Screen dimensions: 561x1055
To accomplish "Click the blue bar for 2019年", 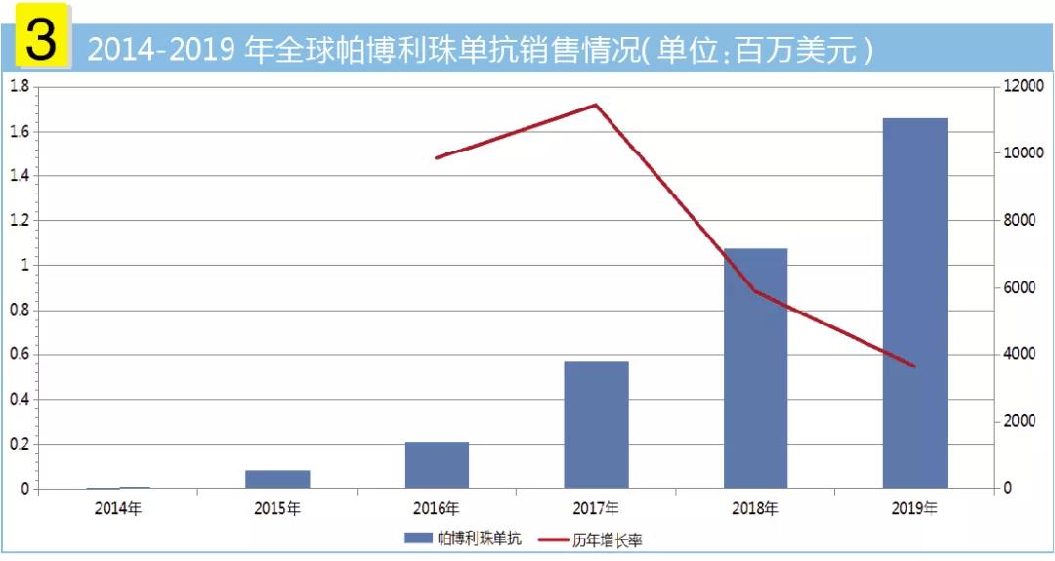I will [914, 303].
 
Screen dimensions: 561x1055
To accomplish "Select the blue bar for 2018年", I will [755, 367].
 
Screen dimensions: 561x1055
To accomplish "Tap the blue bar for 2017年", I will [596, 424].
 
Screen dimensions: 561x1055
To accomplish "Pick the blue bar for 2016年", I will [437, 464].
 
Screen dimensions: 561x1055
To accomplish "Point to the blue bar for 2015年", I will [277, 479].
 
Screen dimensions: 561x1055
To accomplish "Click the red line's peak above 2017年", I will [596, 105].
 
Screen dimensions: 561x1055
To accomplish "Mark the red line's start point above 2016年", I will [437, 157].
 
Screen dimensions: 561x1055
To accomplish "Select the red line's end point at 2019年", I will [914, 367].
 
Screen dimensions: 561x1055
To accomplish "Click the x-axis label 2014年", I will [118, 509].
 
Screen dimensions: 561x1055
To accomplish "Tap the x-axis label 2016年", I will [437, 509].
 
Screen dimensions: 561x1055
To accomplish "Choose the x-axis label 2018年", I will [755, 509].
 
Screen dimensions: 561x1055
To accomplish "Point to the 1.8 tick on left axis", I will [19, 86].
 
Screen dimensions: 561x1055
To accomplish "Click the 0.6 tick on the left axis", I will [19, 355].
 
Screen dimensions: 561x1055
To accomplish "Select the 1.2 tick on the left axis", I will [19, 221].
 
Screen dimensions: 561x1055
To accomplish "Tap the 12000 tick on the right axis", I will [1024, 86].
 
